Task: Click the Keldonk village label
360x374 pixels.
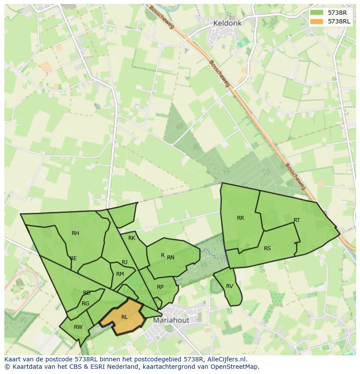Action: click(227, 23)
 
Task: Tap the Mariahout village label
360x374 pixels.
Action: click(171, 321)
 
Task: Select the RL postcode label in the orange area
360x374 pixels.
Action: click(124, 317)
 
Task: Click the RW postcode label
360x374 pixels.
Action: click(78, 327)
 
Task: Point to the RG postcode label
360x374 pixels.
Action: click(86, 304)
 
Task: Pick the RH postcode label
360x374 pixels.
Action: click(76, 233)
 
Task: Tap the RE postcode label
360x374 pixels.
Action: click(73, 258)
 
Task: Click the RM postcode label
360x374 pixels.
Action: click(120, 274)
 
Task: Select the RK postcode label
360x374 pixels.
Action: click(132, 238)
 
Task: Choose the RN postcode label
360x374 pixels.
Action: click(170, 258)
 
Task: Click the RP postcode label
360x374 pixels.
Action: click(160, 287)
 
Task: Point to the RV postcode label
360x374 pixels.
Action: click(230, 286)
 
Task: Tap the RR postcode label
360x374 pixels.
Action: click(240, 218)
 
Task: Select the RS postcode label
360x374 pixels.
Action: click(267, 248)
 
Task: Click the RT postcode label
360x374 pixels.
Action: click(297, 220)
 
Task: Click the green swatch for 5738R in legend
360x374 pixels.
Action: click(317, 13)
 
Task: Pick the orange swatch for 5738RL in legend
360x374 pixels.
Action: click(317, 21)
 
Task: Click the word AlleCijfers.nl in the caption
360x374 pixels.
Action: click(226, 360)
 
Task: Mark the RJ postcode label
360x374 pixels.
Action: click(125, 262)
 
